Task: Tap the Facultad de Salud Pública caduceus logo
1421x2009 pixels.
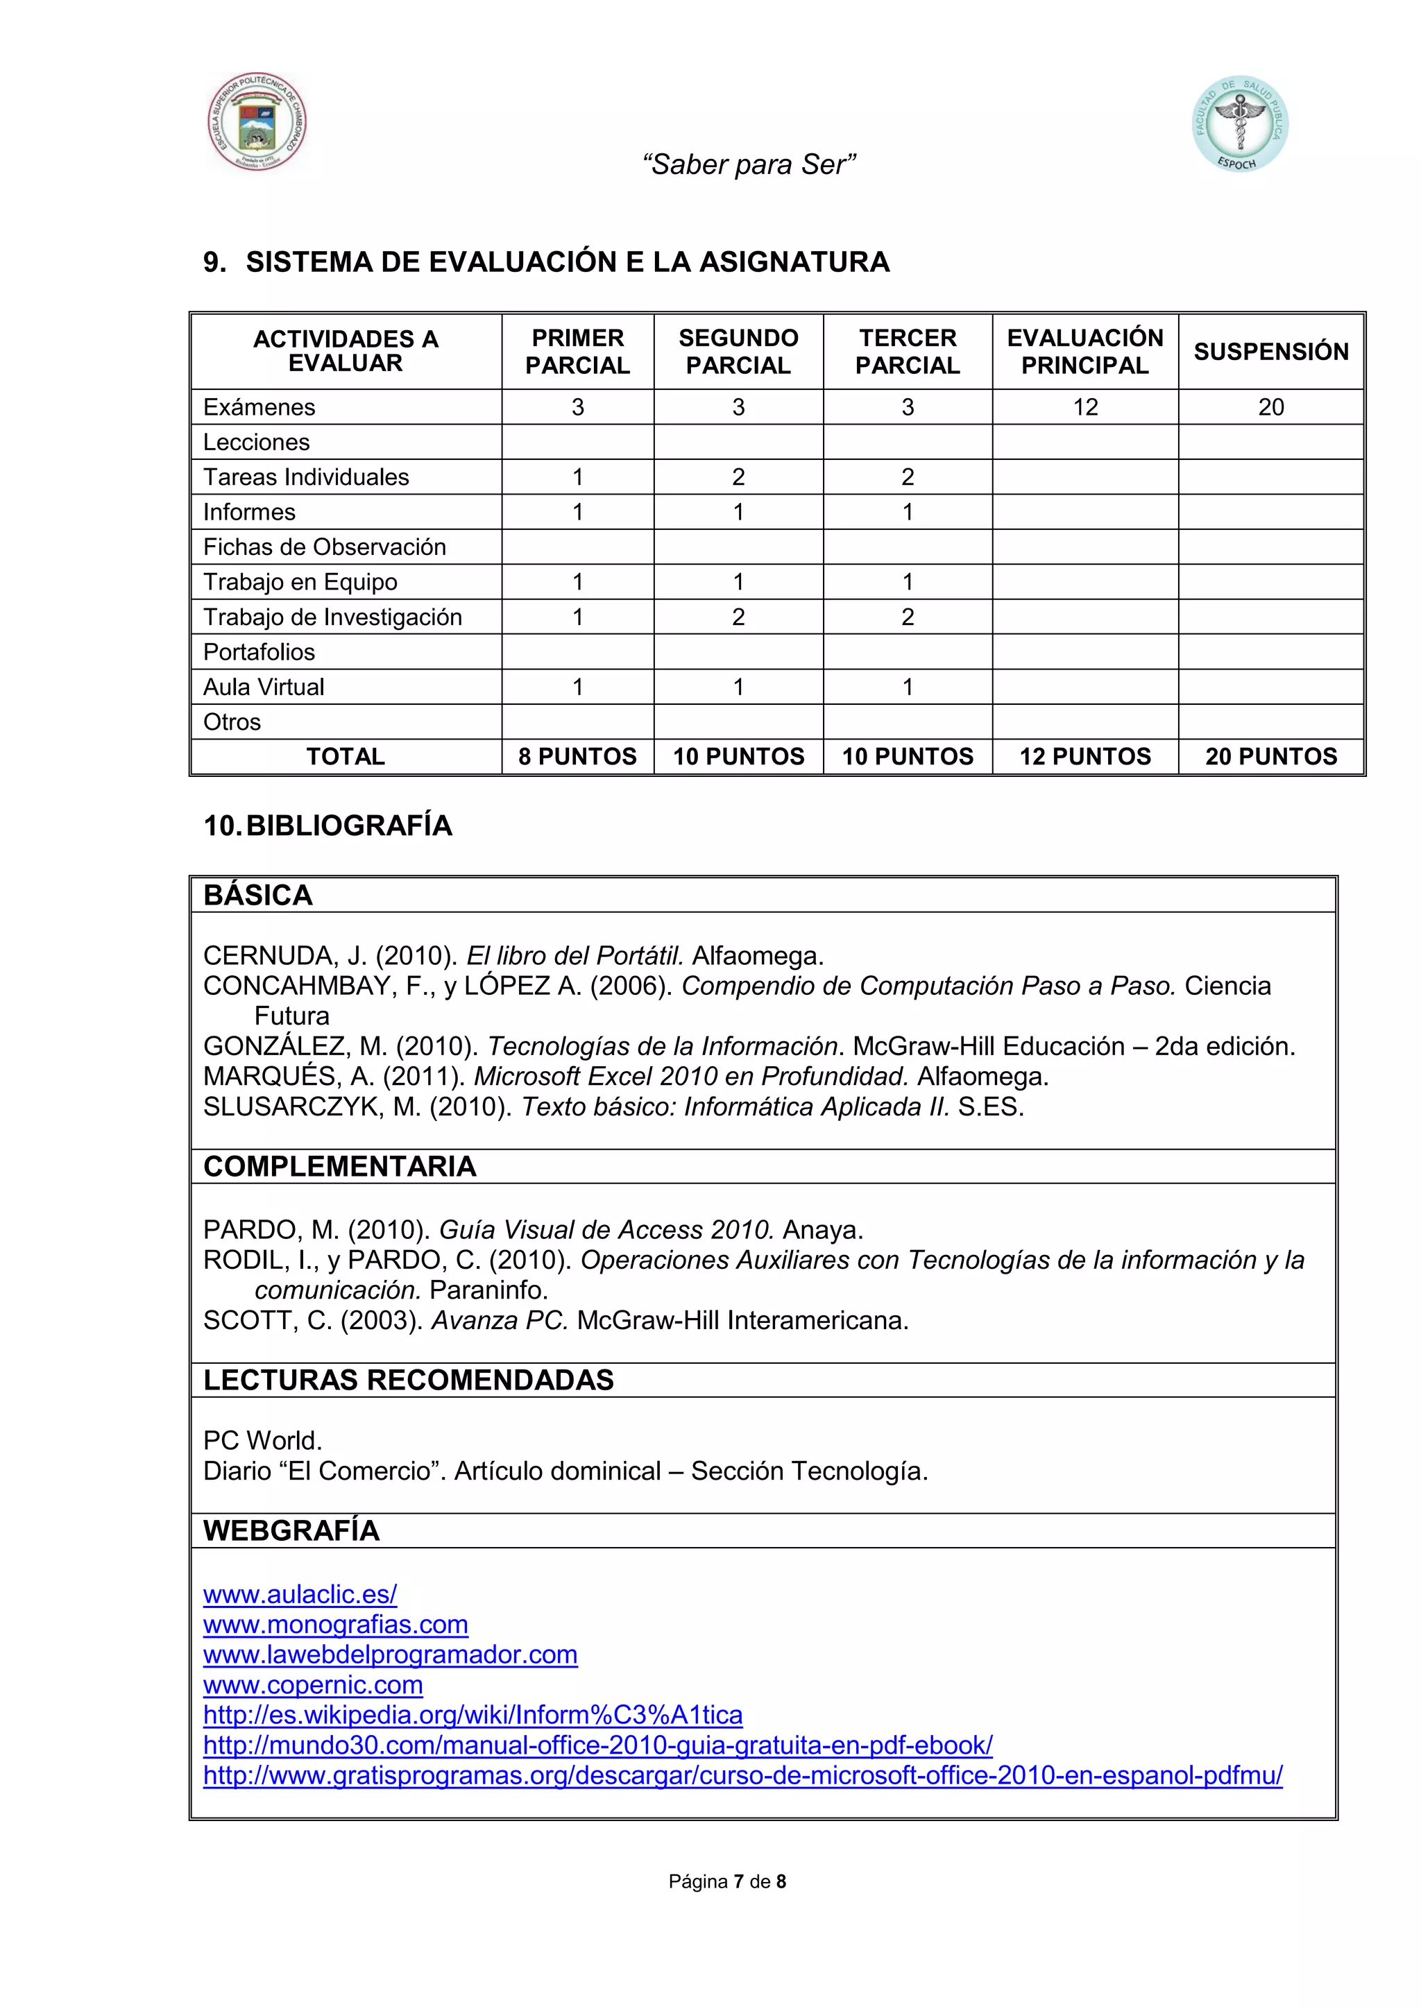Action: pyautogui.click(x=1239, y=123)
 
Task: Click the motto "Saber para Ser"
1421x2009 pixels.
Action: pyautogui.click(x=748, y=164)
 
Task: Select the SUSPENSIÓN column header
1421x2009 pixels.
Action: pyautogui.click(x=1270, y=352)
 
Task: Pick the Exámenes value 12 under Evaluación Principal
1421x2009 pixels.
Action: pyautogui.click(x=1085, y=408)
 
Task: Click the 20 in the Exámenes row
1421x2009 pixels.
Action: pyautogui.click(x=1270, y=408)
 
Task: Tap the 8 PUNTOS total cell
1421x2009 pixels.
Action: pyautogui.click(x=577, y=757)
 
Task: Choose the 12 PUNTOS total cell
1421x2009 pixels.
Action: pyautogui.click(x=1085, y=757)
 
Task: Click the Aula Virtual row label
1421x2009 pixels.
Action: pyautogui.click(x=264, y=687)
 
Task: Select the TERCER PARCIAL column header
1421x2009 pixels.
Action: pyautogui.click(x=908, y=352)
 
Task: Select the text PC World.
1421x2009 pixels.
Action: pyautogui.click(x=262, y=1441)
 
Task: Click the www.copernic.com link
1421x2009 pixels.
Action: pyautogui.click(x=313, y=1685)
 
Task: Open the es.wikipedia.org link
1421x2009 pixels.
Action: pyautogui.click(x=473, y=1715)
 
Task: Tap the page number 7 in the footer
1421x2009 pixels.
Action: pyautogui.click(x=738, y=1882)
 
